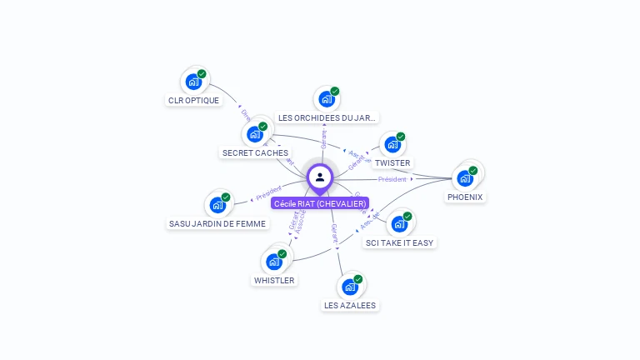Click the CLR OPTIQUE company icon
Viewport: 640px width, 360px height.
194,82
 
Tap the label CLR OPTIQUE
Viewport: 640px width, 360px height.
193,101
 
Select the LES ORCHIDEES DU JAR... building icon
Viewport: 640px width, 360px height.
327,99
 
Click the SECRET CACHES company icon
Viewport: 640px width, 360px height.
255,134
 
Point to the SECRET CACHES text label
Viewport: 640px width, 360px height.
255,153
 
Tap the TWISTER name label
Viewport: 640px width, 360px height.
392,163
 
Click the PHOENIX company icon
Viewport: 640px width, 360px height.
465,177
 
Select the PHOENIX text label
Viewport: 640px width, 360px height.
465,197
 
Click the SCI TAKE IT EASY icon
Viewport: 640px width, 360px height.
400,224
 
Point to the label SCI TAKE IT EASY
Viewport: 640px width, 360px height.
400,243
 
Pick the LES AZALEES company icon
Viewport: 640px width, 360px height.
351,287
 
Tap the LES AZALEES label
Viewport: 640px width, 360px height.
351,306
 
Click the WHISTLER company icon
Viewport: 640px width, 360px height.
274,262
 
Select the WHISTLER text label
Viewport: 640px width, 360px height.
274,281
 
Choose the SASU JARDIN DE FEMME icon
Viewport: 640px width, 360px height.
217,205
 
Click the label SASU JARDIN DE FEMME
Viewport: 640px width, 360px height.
217,224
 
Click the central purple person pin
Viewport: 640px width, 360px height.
320,177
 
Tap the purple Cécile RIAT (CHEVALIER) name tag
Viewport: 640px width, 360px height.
320,203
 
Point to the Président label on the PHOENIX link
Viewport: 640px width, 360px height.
392,179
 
